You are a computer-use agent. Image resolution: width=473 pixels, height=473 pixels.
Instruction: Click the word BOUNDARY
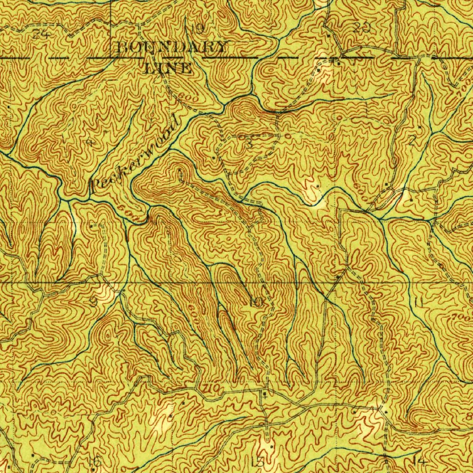(x=172, y=47)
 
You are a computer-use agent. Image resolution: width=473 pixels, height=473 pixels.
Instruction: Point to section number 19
(x=197, y=29)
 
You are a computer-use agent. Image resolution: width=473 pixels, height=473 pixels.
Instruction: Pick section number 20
(x=363, y=28)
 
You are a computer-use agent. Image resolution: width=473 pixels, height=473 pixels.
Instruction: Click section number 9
(x=93, y=302)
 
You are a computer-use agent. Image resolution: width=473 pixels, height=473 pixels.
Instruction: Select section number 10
(x=256, y=303)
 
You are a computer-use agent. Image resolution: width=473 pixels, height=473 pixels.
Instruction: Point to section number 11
(x=419, y=303)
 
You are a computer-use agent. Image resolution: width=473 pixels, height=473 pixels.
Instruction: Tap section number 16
(x=94, y=461)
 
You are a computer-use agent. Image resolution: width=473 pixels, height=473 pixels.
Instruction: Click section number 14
(x=419, y=461)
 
